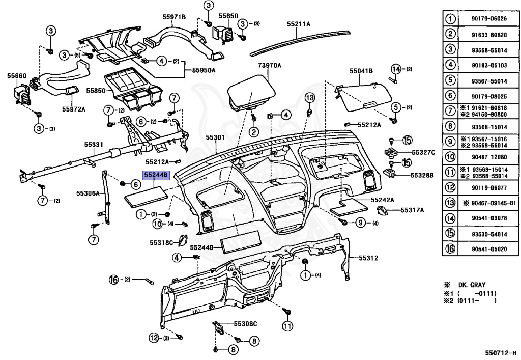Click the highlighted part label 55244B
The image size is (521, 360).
tap(156, 175)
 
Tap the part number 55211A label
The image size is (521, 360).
tap(298, 24)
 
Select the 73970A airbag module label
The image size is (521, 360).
tap(269, 65)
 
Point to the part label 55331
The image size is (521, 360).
tap(94, 145)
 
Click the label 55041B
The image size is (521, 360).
tap(361, 71)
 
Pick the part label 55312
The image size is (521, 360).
tap(368, 258)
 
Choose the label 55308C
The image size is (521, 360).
tap(245, 324)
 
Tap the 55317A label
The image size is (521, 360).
tap(412, 210)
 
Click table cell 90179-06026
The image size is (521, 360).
tap(489, 19)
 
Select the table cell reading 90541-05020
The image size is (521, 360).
tap(489, 249)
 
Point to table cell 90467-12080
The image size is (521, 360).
tap(489, 157)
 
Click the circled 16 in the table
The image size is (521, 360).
tap(450, 248)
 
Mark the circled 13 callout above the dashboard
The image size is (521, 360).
tap(310, 98)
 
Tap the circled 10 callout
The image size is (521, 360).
tap(158, 224)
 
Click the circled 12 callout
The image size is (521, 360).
tap(154, 338)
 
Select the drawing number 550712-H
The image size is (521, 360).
tap(501, 353)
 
